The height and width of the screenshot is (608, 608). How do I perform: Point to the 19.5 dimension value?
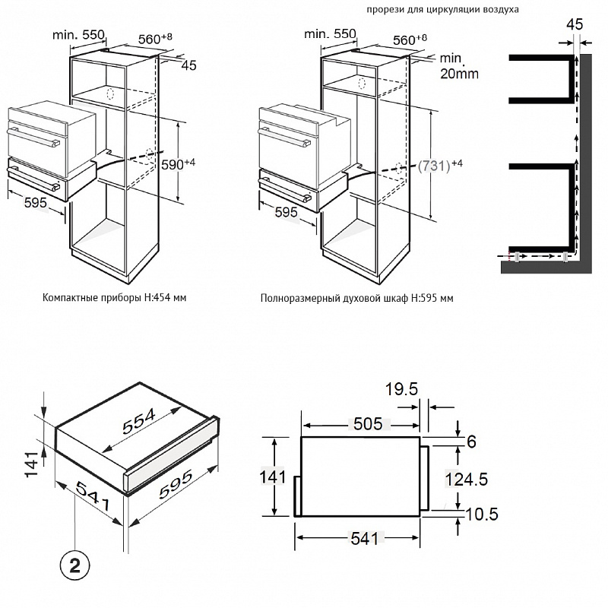401,390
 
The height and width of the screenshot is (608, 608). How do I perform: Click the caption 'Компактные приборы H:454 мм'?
115,298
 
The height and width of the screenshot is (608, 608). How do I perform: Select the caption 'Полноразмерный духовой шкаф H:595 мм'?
356,298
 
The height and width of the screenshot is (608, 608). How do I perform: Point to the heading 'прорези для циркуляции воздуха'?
442,10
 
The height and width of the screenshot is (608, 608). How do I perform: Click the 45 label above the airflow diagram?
575,24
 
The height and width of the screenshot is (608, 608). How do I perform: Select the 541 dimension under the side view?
360,538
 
